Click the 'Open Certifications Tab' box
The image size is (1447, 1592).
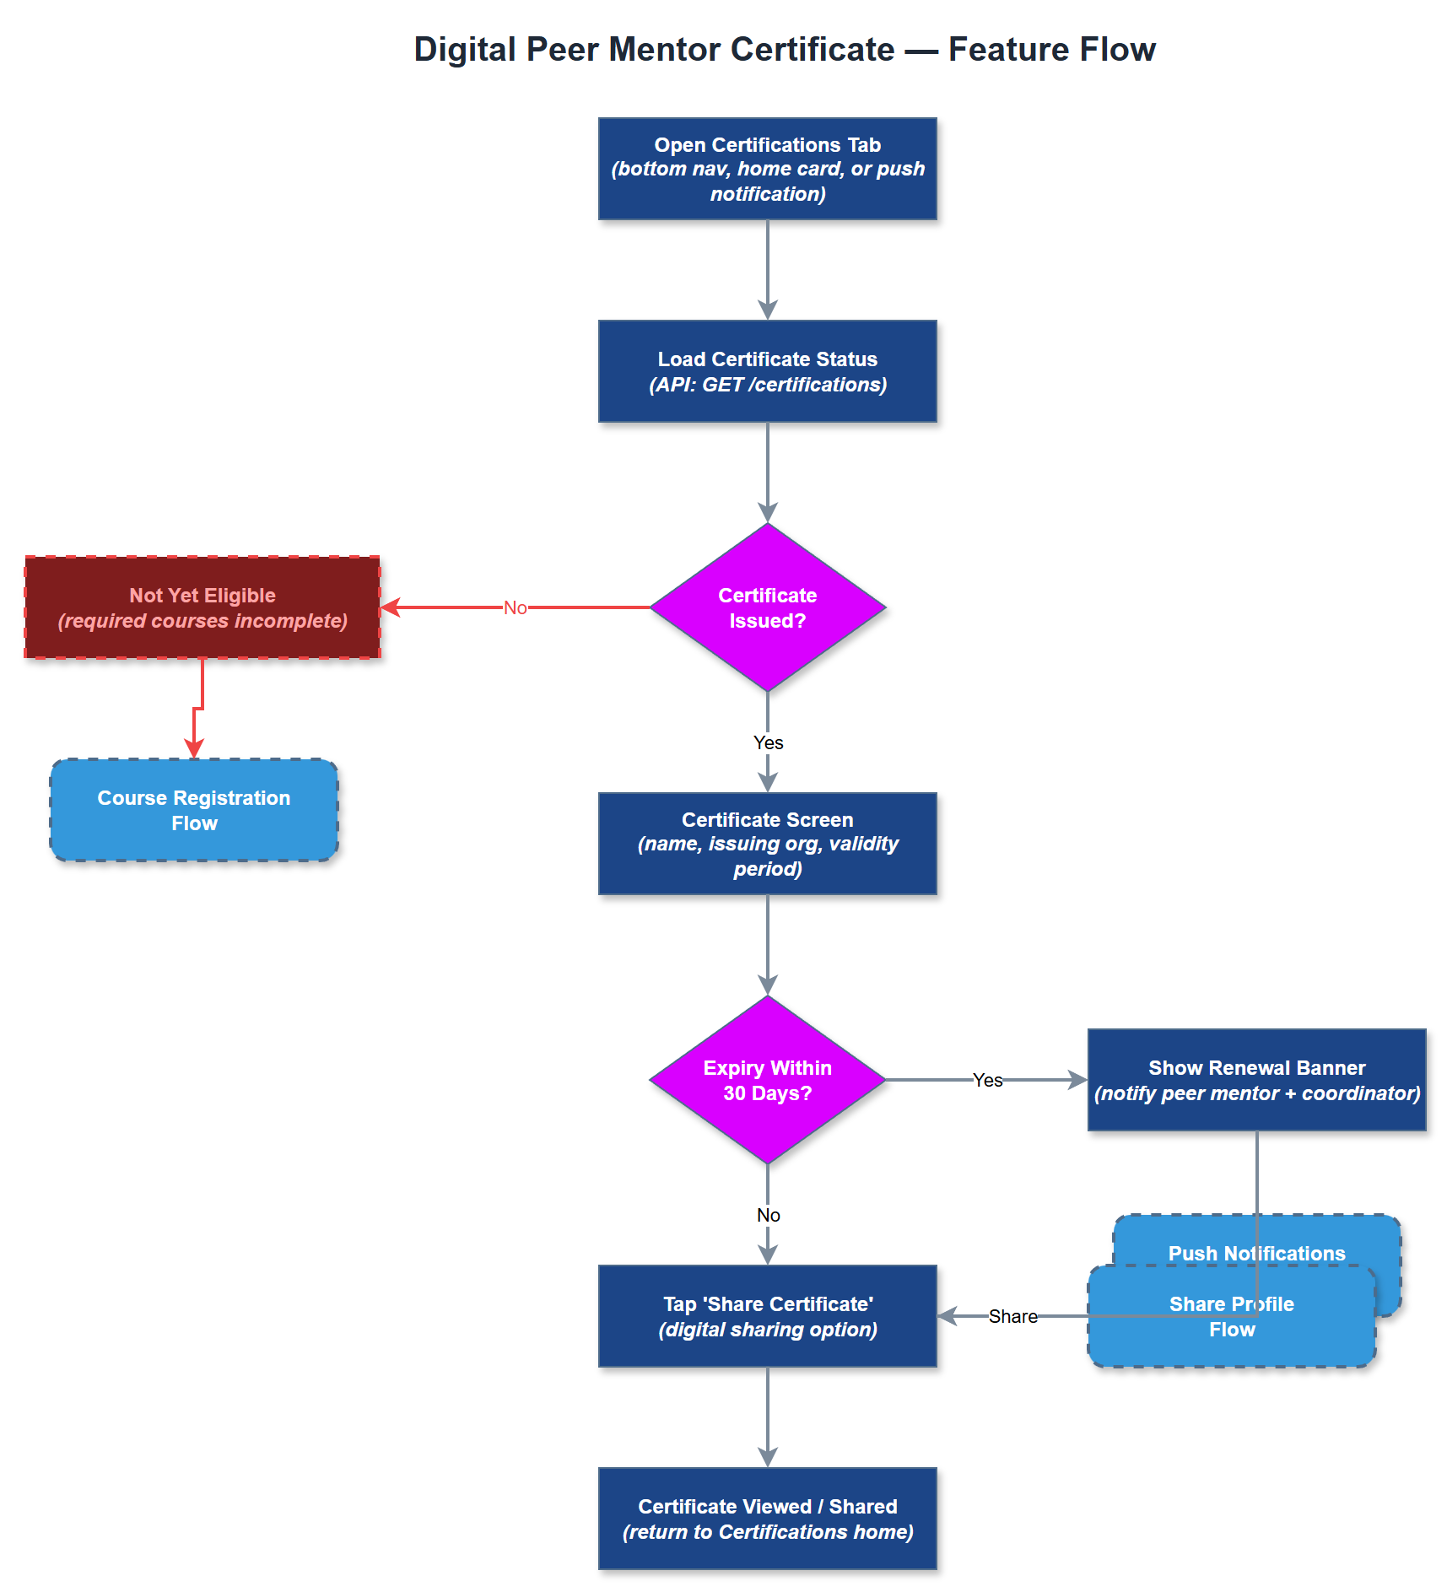pos(767,169)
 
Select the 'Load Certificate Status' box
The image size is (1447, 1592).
pos(767,371)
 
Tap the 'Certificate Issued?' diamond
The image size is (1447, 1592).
pos(767,607)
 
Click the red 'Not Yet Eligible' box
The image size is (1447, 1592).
pos(202,607)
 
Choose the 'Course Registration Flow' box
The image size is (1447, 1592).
pos(194,810)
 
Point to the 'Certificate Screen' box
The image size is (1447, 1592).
pos(767,844)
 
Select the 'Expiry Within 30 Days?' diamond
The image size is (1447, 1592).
pos(767,1080)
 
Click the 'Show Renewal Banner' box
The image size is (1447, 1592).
pos(1256,1080)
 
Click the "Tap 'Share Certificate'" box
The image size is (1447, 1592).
pos(767,1316)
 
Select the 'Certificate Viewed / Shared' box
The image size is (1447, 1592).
pos(767,1519)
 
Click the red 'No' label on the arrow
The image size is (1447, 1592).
pos(515,607)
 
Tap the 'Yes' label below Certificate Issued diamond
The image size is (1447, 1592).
pos(768,742)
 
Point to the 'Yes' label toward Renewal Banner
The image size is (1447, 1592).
pos(987,1080)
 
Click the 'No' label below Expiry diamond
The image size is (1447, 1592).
pos(768,1215)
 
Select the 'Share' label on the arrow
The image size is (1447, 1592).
pos(1012,1316)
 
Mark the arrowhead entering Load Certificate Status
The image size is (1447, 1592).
pos(767,310)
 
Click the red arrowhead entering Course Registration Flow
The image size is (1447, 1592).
pos(194,749)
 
